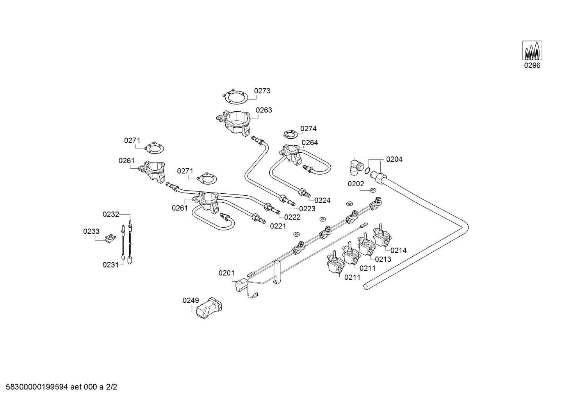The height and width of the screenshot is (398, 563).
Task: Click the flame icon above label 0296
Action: [532, 50]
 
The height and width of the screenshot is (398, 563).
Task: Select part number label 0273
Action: [262, 91]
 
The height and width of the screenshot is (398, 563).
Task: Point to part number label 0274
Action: [308, 129]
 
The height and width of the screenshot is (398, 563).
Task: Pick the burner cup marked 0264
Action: [291, 153]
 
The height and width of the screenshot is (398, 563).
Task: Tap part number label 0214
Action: [398, 250]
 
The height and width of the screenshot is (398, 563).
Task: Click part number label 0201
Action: [226, 273]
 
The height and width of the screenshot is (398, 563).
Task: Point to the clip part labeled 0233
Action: [111, 237]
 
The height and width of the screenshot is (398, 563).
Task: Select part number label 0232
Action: [110, 214]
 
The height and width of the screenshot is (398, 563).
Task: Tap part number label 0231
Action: [110, 265]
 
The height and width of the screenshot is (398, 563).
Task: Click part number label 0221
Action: [278, 226]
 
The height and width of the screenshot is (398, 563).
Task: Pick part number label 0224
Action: [322, 200]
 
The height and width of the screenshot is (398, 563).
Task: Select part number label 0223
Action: [307, 209]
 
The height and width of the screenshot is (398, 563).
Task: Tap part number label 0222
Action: [292, 217]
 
